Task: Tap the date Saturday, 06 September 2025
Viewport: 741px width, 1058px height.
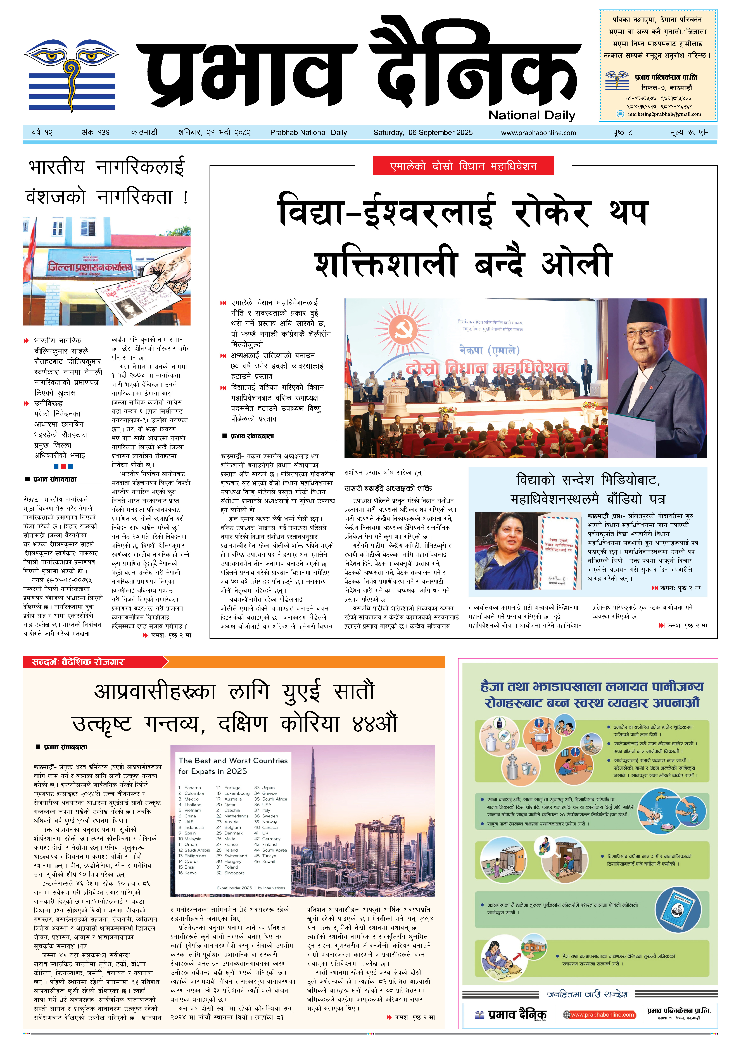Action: [423, 133]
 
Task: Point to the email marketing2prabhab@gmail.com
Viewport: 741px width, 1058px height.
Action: [664, 114]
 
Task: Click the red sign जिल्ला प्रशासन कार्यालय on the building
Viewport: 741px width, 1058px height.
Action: [90, 266]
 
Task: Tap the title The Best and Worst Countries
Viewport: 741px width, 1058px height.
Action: [233, 760]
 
